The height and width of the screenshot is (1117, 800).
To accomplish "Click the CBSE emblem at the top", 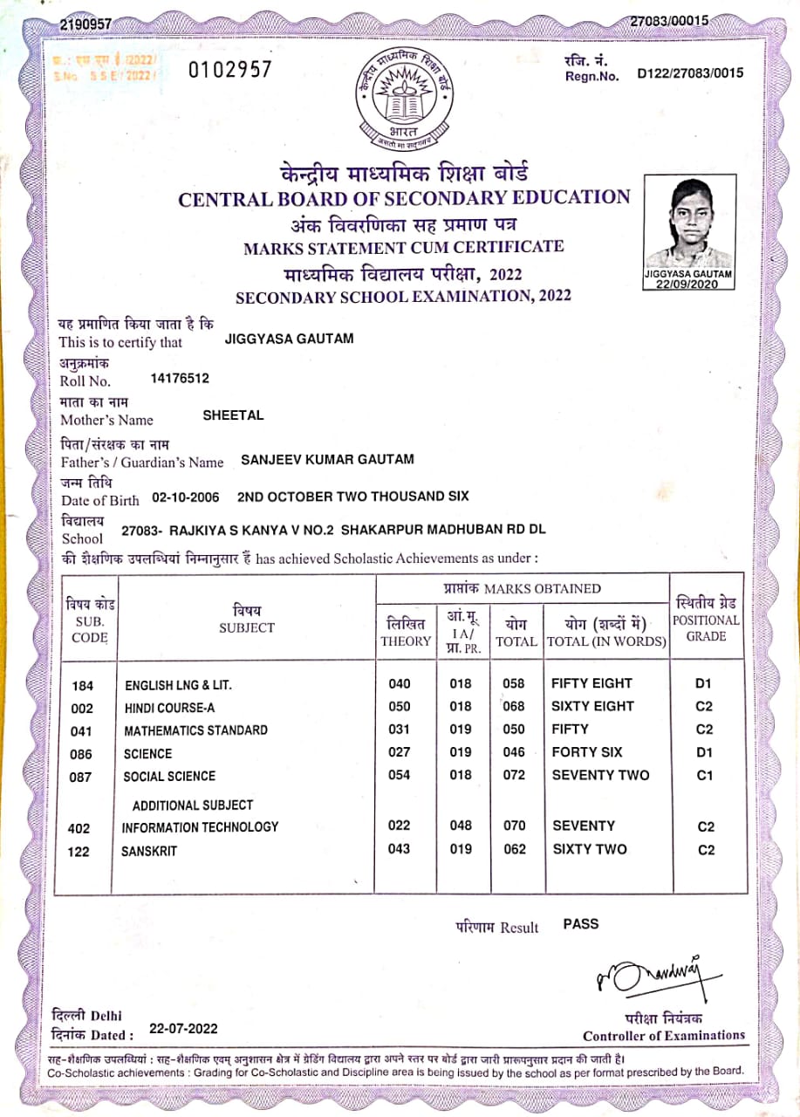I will click(405, 98).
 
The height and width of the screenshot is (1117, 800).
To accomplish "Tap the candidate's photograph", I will click(688, 225).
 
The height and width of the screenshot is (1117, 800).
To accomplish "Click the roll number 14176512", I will click(180, 379).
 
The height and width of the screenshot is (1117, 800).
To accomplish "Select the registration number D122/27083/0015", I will click(690, 73).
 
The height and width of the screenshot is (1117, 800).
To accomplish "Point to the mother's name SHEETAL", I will click(233, 416).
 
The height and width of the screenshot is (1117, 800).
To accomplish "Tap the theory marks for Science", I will click(399, 752).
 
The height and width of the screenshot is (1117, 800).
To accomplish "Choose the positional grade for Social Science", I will click(706, 776).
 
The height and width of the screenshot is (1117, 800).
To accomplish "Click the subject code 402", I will click(79, 828).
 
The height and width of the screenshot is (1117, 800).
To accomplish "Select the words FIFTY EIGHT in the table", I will click(591, 683).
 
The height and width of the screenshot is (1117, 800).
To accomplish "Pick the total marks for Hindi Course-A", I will click(515, 706).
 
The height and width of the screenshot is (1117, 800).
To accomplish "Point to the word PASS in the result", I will click(581, 923).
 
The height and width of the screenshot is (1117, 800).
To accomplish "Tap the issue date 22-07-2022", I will click(183, 1029).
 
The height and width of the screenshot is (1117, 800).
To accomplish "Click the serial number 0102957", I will click(230, 71).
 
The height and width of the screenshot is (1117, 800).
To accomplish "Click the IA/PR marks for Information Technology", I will click(461, 826).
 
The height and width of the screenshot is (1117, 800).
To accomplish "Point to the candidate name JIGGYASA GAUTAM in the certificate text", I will click(289, 339).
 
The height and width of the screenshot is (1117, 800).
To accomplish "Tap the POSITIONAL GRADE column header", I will click(706, 620).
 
